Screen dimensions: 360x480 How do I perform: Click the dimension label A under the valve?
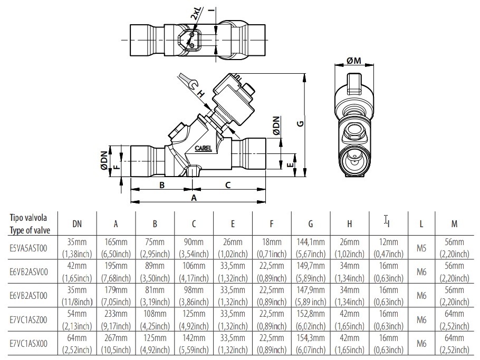(194, 198)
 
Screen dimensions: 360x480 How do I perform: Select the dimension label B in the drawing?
(162, 185)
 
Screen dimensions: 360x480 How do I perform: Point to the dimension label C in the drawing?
(228, 185)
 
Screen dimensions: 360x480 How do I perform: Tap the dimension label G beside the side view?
(300, 124)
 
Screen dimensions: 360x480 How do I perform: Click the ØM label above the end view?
(354, 62)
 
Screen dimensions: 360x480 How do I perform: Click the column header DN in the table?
(76, 224)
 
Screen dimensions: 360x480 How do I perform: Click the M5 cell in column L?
(421, 247)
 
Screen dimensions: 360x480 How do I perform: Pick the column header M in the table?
(454, 224)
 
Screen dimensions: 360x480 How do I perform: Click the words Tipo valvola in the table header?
(30, 218)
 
